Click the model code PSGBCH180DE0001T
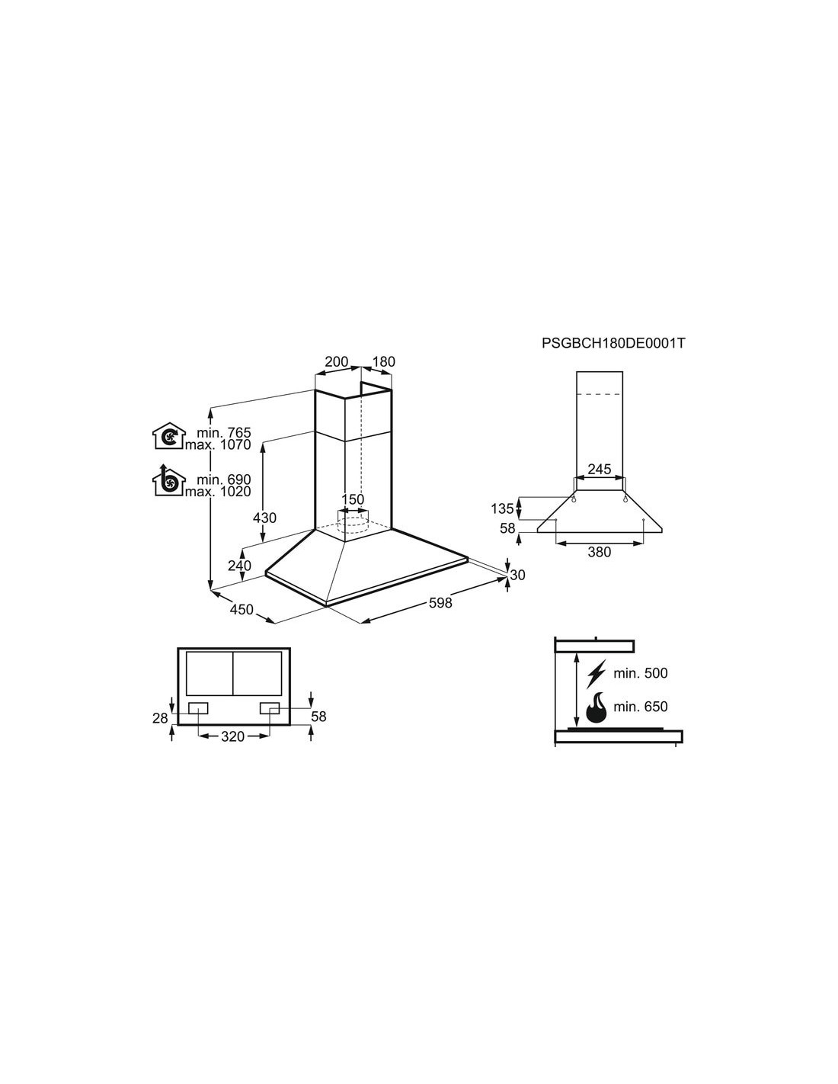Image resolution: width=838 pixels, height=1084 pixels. [613, 343]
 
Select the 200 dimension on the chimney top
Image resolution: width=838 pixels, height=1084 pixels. [337, 361]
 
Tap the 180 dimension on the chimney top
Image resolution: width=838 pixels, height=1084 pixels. [383, 361]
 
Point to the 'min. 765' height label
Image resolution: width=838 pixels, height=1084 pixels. [224, 432]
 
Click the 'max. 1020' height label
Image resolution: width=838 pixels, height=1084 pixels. [218, 492]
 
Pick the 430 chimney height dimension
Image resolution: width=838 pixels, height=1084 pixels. [264, 518]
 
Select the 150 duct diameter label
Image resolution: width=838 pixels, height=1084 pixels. [353, 499]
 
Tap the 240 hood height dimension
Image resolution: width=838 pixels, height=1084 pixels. [239, 566]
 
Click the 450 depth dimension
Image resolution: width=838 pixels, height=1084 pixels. [241, 609]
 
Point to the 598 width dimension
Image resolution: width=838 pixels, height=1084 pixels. [440, 603]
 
